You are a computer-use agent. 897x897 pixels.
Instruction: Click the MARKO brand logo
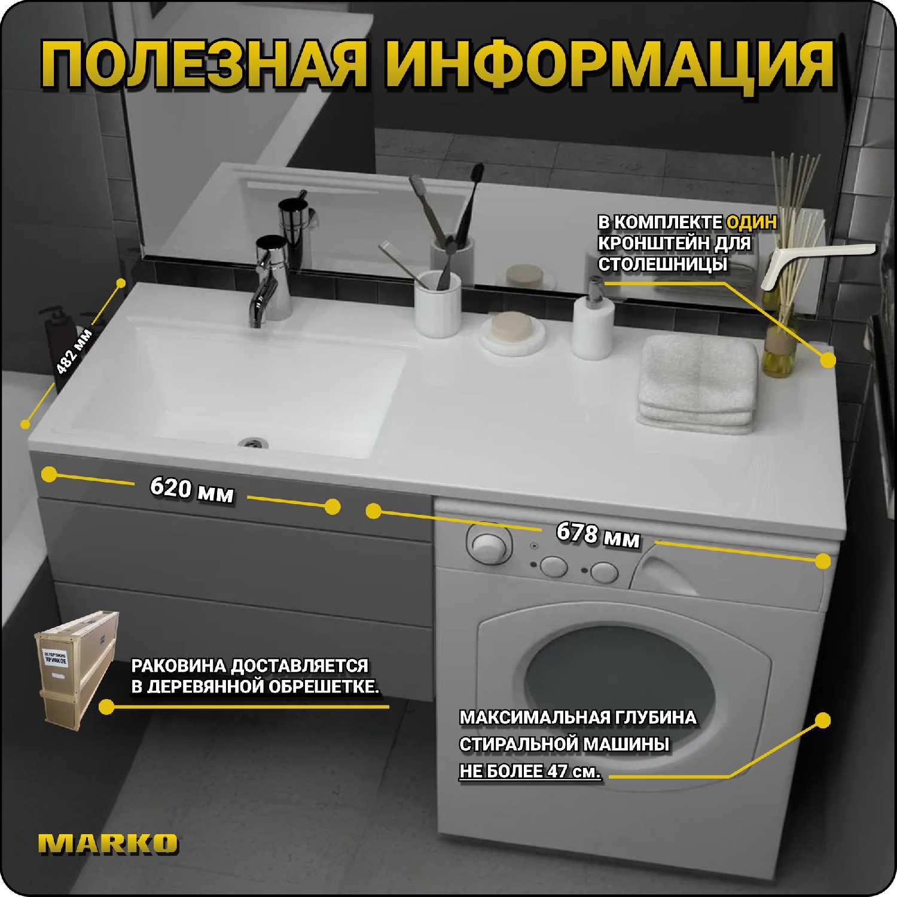click(x=108, y=843)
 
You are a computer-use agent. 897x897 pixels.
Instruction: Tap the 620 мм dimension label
click(x=191, y=490)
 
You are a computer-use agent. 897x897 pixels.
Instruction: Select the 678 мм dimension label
click(x=598, y=534)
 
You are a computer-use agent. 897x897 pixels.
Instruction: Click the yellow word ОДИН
click(x=752, y=222)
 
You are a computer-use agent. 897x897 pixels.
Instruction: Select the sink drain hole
click(x=253, y=443)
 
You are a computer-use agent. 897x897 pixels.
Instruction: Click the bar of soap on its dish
click(x=512, y=328)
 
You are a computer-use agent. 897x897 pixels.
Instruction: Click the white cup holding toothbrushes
click(x=438, y=304)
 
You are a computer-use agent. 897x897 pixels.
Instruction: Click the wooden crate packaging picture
click(x=76, y=667)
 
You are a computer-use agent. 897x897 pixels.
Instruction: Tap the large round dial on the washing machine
click(x=489, y=546)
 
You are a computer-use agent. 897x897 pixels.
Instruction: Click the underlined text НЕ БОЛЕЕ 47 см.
click(x=530, y=771)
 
